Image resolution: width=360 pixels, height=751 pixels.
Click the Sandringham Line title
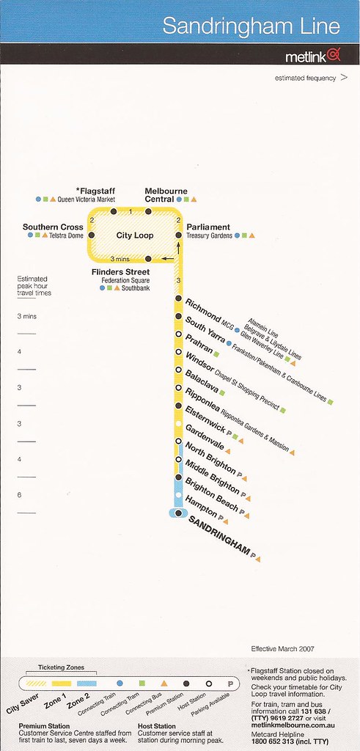click(251, 26)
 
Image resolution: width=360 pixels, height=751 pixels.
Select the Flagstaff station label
click(95, 191)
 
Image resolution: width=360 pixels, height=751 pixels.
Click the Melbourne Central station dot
click(148, 211)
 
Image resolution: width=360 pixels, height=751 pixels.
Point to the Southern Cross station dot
click(92, 235)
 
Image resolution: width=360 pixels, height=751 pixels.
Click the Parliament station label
click(208, 227)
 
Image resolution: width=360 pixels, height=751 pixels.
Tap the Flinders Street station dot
click(148, 259)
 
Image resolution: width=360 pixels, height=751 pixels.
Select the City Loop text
click(135, 235)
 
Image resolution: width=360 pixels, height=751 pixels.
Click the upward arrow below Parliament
click(179, 248)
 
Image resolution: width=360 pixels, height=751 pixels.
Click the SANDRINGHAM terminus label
click(218, 535)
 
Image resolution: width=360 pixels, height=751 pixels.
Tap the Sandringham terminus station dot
click(179, 513)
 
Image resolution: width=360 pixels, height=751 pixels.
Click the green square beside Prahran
click(216, 354)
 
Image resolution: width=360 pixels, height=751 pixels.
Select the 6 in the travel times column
click(19, 495)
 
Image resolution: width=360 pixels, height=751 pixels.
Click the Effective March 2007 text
click(282, 649)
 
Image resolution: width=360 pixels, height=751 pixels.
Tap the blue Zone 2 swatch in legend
click(87, 684)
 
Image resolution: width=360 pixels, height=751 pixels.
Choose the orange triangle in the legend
click(164, 684)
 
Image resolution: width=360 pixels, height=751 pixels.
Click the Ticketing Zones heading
click(61, 667)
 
